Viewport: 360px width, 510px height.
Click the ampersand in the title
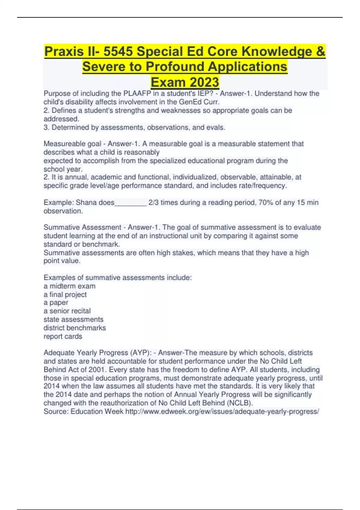(320, 52)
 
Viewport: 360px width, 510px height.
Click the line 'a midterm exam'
(69, 286)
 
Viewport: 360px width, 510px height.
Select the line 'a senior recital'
(67, 311)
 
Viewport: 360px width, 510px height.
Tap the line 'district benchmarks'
(75, 328)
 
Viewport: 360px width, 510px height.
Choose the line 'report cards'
(63, 337)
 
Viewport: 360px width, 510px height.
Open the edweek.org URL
(222, 412)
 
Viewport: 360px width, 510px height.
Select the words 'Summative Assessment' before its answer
(82, 227)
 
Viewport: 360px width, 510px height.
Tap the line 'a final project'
(65, 295)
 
